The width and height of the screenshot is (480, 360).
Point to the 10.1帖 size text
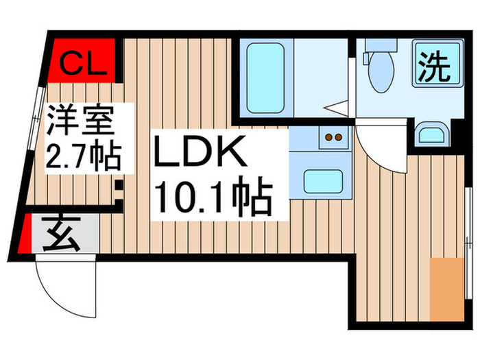tap(213, 195)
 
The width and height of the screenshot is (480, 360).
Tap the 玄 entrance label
tap(62, 236)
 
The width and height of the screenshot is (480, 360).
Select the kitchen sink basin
tap(321, 181)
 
